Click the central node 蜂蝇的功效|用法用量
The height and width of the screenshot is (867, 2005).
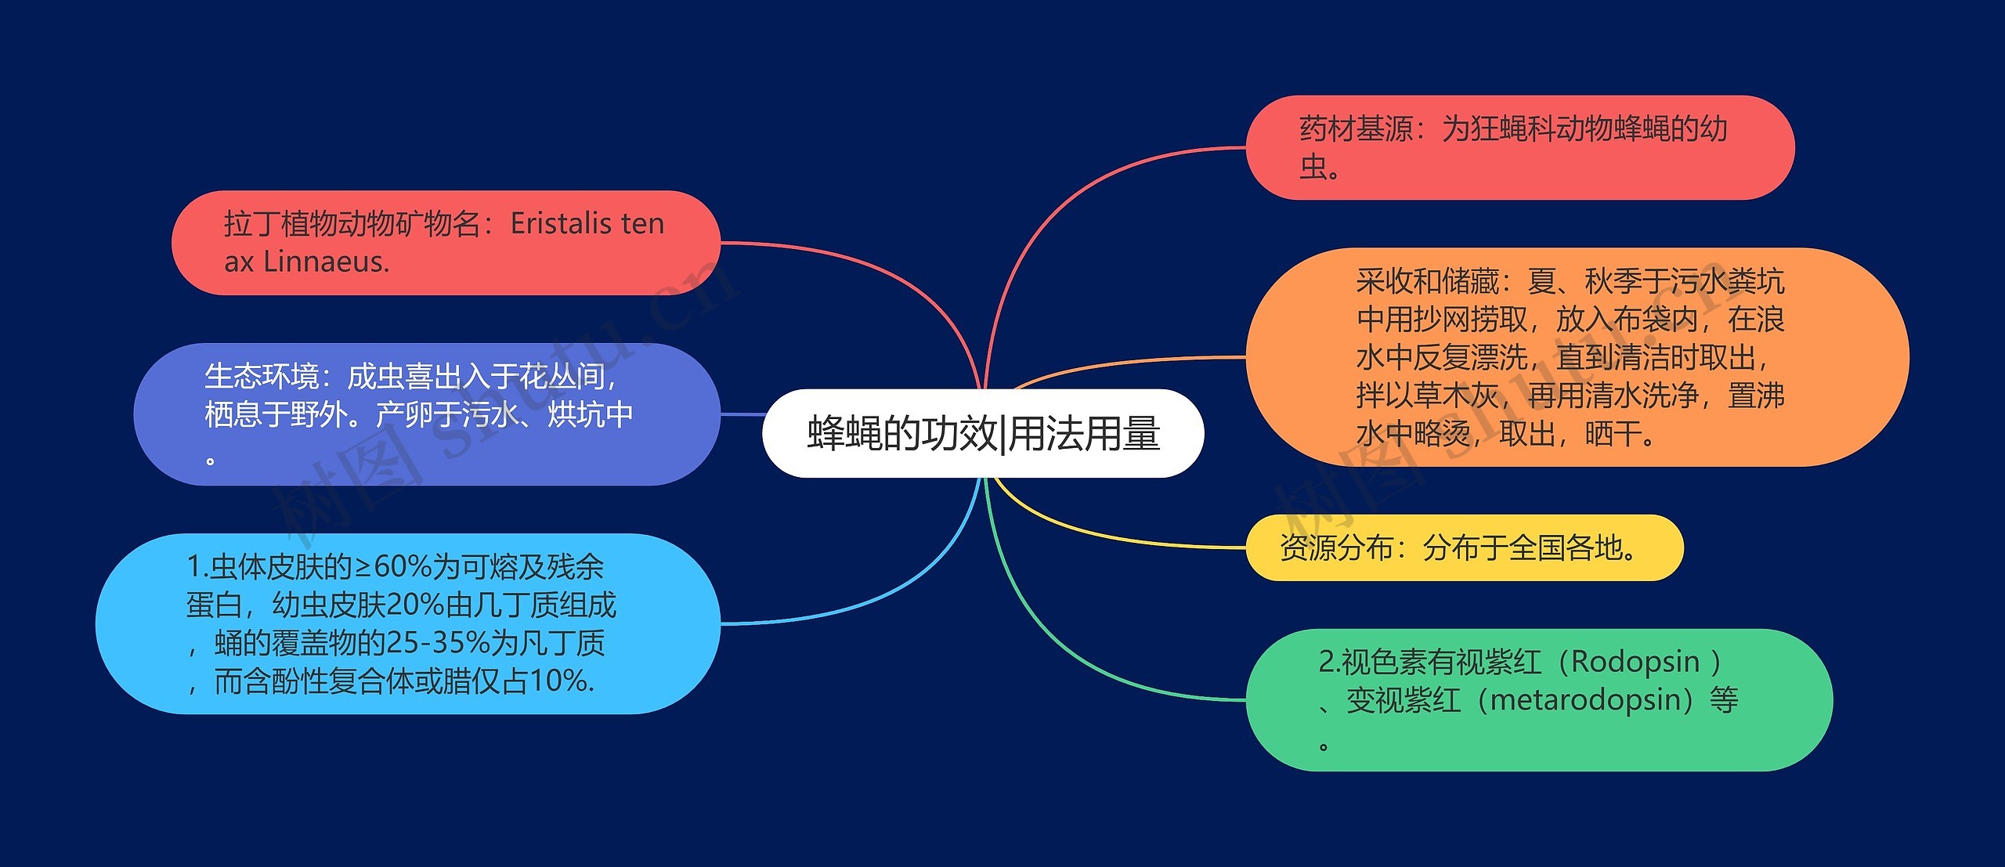(982, 433)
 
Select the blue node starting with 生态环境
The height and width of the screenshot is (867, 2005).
(426, 414)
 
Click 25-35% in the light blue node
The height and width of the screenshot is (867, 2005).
(439, 643)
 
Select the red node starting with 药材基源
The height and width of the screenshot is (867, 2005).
(1519, 147)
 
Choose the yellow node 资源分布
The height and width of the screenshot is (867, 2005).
(1463, 547)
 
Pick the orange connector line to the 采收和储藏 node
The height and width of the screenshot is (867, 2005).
(1128, 362)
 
